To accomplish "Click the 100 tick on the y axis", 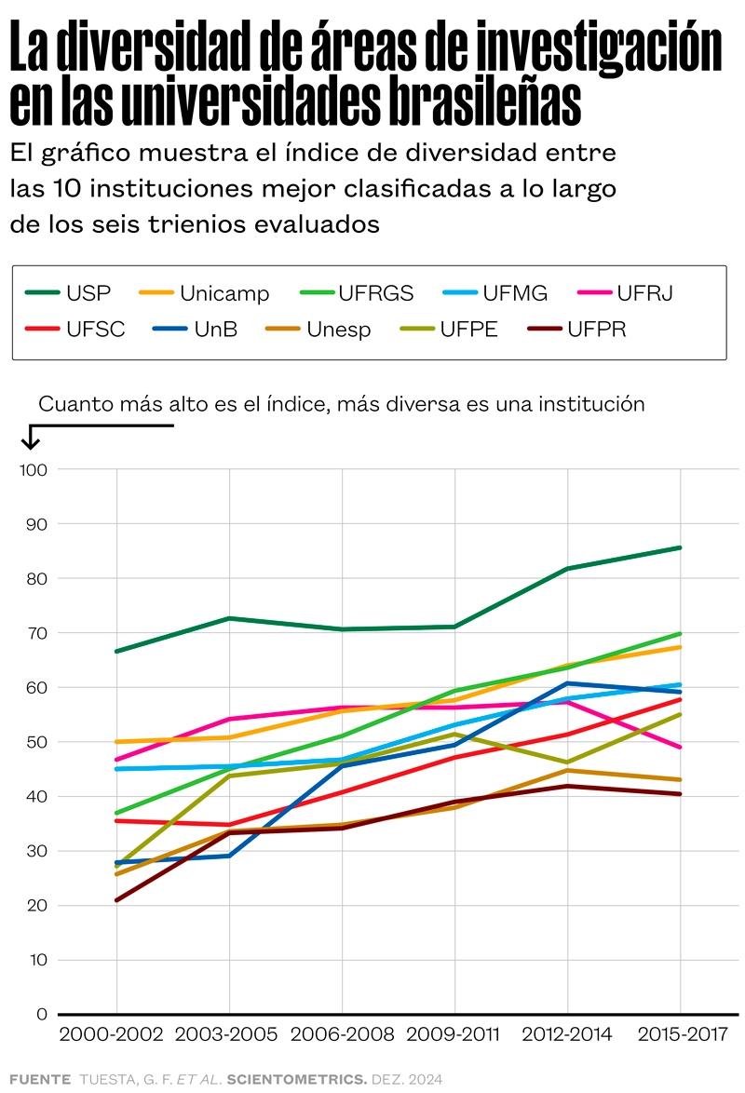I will (33, 470).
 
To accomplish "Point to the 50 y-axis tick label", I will (36, 742).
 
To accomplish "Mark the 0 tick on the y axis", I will (41, 1014).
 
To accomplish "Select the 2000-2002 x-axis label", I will (111, 1034).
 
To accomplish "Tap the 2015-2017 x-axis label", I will (681, 1034).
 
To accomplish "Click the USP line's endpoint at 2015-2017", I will (681, 547).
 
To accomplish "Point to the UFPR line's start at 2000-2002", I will (116, 900).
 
